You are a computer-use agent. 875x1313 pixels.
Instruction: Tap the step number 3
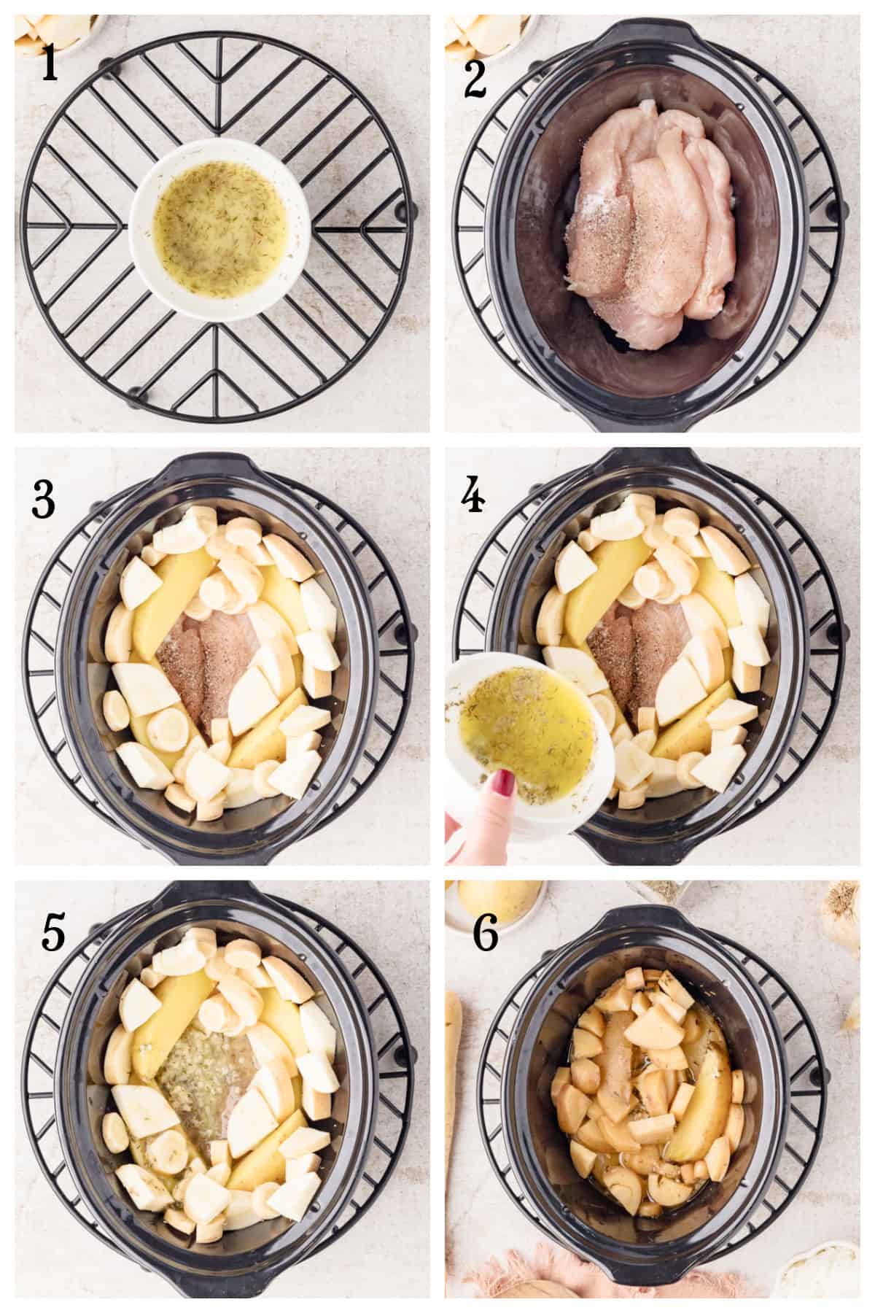pyautogui.click(x=44, y=502)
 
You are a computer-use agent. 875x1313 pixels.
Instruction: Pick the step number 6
pyautogui.click(x=486, y=936)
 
